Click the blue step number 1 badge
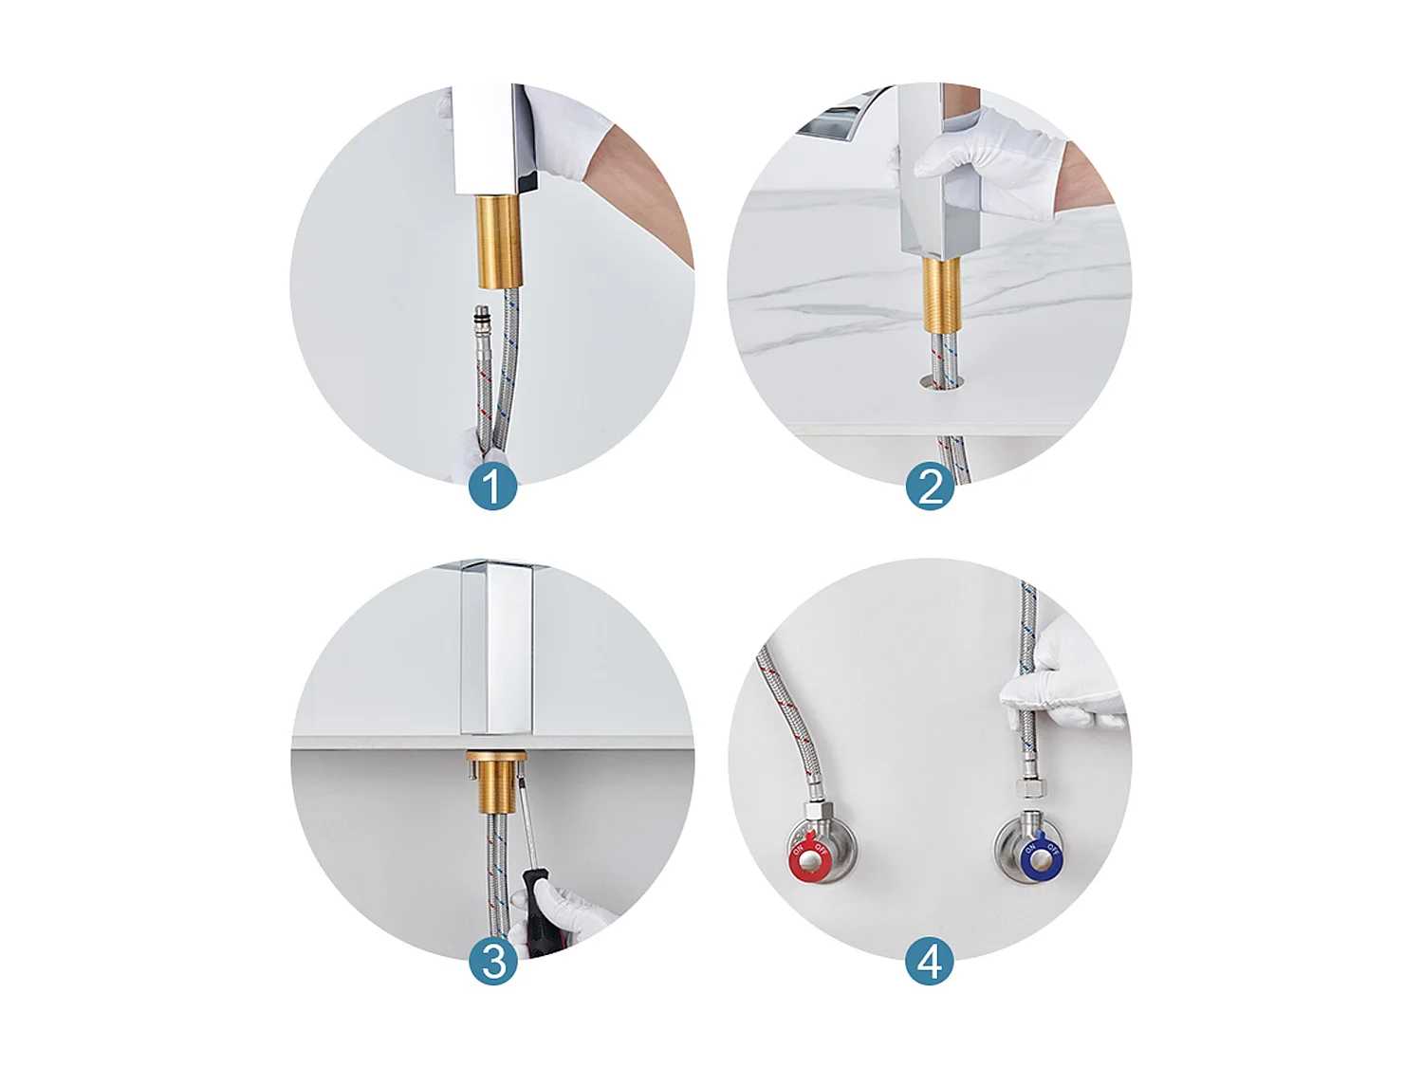(x=492, y=487)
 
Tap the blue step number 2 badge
(x=930, y=487)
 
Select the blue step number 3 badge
(x=492, y=961)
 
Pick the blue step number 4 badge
(x=930, y=961)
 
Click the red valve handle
(x=809, y=856)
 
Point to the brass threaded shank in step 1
(x=498, y=240)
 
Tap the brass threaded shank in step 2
(x=942, y=294)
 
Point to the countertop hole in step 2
(x=941, y=381)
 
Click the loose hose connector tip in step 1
(x=482, y=315)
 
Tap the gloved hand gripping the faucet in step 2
(x=987, y=161)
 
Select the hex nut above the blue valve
(x=1029, y=790)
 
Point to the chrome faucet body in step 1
(x=489, y=138)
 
